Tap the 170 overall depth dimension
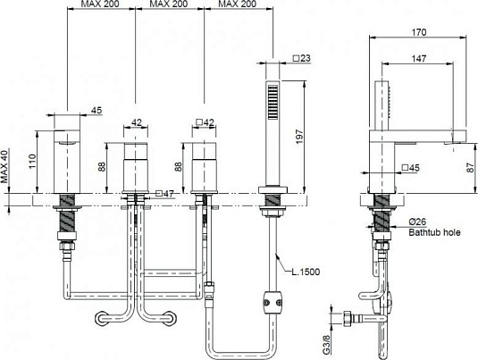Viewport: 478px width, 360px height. click(417, 31)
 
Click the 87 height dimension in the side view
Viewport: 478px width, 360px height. click(470, 165)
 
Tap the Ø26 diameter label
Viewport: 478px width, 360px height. click(418, 222)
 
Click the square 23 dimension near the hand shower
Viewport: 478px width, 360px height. click(301, 60)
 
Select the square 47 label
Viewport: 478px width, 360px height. click(164, 193)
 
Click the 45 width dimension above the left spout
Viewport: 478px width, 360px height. click(96, 111)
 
